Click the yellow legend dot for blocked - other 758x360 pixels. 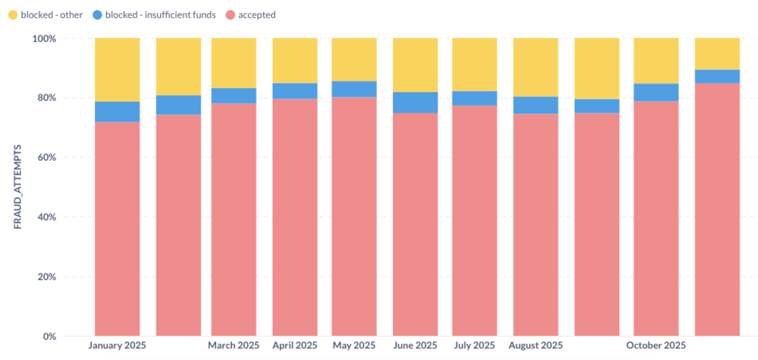click(13, 15)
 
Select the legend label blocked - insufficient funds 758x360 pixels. click(160, 15)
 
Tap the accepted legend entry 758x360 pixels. click(257, 15)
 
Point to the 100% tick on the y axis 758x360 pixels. click(44, 39)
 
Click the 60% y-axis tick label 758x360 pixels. click(47, 157)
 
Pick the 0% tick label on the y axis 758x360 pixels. click(49, 337)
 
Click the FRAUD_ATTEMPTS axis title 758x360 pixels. click(17, 186)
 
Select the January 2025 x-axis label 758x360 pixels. click(117, 345)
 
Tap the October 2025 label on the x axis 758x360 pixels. click(656, 345)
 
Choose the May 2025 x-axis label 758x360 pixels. click(354, 345)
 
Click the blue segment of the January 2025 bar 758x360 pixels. click(117, 112)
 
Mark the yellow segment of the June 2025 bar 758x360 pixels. click(415, 64)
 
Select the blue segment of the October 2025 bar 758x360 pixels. click(656, 92)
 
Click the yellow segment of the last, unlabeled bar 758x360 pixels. click(717, 53)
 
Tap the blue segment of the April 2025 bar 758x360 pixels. click(295, 91)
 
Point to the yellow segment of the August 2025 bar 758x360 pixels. click(536, 67)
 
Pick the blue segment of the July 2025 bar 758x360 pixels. click(475, 98)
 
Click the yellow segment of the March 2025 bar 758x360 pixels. click(233, 63)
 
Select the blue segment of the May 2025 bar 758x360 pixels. click(354, 89)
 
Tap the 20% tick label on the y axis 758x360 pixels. click(47, 277)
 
